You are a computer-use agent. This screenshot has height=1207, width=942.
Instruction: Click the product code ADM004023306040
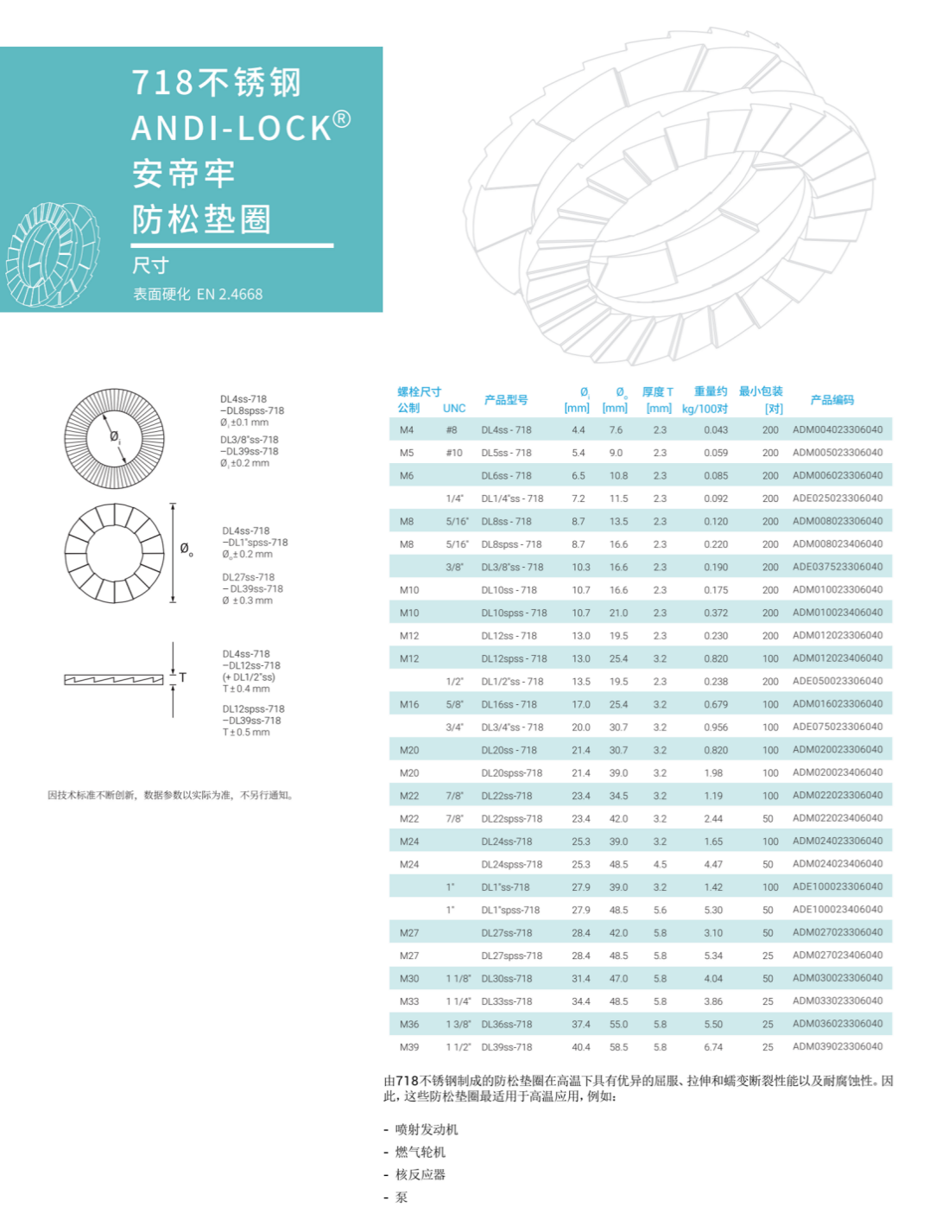coord(838,429)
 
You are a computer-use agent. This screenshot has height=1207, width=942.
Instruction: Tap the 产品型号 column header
coord(506,400)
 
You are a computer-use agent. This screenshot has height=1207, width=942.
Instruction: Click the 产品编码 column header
coord(831,400)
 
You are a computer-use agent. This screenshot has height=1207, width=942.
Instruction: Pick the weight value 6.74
coord(713,1047)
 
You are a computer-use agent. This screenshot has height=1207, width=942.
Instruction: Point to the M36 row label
coord(409,1024)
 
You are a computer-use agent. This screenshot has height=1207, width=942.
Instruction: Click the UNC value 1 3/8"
coord(458,1024)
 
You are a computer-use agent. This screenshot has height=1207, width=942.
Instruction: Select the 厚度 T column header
coord(658,392)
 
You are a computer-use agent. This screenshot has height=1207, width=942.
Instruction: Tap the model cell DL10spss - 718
coord(514,613)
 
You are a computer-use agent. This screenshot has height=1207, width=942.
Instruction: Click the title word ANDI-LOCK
coord(231,128)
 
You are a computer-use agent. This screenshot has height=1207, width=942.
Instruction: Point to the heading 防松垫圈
coord(202,219)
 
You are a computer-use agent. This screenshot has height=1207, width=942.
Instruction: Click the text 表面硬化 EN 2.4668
coord(198,295)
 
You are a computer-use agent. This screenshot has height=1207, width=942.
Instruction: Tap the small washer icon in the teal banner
coord(52,255)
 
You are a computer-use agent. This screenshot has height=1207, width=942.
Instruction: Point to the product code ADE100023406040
coord(838,910)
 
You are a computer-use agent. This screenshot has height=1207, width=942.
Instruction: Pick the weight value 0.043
coord(716,429)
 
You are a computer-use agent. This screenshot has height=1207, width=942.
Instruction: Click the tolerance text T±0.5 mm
coord(246,733)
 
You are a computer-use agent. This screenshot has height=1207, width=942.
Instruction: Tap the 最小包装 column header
coord(761,392)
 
